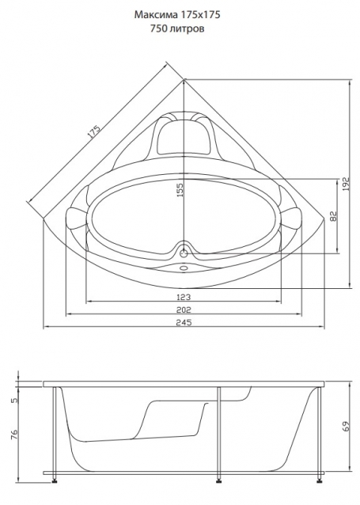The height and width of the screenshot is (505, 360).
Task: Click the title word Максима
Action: [156, 15]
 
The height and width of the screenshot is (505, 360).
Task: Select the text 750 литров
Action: [177, 28]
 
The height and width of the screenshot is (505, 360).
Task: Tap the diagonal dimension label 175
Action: [94, 132]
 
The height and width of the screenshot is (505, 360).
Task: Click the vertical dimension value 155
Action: [180, 190]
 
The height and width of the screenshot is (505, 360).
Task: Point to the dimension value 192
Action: [346, 184]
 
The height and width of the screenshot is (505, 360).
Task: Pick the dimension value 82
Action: [333, 216]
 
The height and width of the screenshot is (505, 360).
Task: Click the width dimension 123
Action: [184, 297]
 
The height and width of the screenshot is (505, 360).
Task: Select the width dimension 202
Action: [184, 309]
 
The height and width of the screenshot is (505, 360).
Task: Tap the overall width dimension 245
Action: [184, 322]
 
